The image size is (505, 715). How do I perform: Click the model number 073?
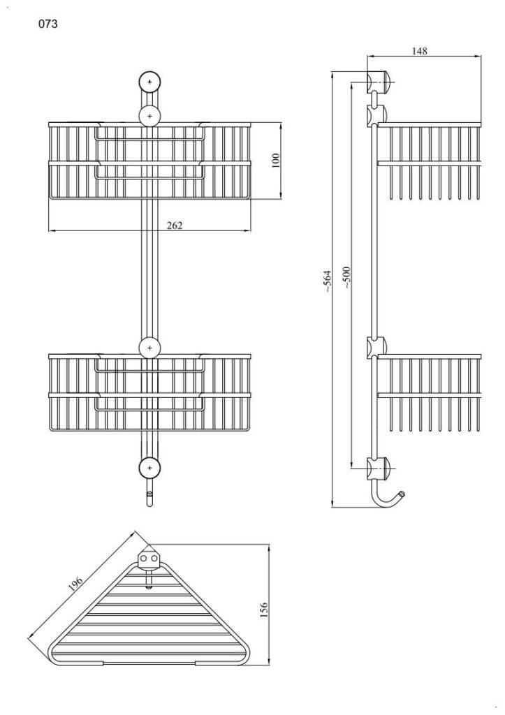[48, 24]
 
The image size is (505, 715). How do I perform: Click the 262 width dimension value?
[174, 226]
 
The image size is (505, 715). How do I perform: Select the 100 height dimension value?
[276, 161]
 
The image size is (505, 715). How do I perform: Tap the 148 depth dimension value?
[419, 50]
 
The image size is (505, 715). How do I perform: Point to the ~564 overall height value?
[328, 281]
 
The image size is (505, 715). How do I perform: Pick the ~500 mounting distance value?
[346, 277]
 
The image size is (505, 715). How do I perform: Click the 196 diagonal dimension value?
[75, 584]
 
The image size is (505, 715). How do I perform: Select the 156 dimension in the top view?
[264, 610]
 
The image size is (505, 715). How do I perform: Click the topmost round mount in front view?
[149, 82]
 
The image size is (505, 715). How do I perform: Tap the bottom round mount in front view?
[149, 468]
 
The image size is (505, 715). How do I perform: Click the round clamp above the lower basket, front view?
[149, 348]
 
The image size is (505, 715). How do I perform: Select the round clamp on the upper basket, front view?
[149, 117]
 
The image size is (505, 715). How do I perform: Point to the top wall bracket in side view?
[378, 82]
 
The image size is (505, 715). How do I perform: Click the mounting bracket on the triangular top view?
[149, 561]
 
